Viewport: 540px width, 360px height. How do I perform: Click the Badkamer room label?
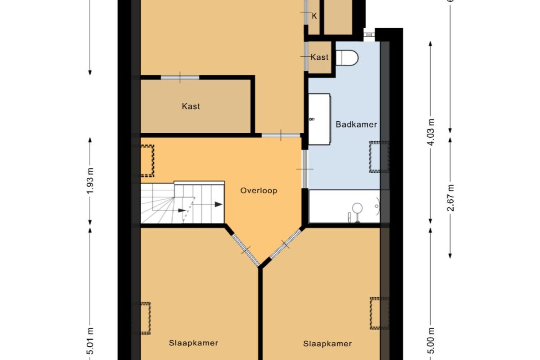pyautogui.click(x=356, y=124)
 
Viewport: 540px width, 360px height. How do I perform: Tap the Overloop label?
pyautogui.click(x=259, y=191)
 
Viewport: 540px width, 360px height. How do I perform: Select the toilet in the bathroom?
pyautogui.click(x=347, y=57)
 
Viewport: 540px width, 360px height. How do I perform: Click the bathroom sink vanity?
pyautogui.click(x=319, y=119)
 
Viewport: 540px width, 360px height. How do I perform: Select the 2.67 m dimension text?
pyautogui.click(x=450, y=197)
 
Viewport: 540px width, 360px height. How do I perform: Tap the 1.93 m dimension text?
pyautogui.click(x=90, y=181)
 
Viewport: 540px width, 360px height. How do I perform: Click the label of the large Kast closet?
pyautogui.click(x=191, y=106)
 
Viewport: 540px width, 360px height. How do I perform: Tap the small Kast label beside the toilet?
pyautogui.click(x=320, y=57)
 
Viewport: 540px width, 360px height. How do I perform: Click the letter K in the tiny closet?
pyautogui.click(x=315, y=16)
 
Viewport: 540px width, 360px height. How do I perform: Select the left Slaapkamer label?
pyautogui.click(x=193, y=343)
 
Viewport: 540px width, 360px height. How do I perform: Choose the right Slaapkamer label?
pyautogui.click(x=328, y=344)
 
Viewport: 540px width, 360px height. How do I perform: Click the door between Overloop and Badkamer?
pyautogui.click(x=305, y=169)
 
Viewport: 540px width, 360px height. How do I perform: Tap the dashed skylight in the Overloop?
pyautogui.click(x=147, y=160)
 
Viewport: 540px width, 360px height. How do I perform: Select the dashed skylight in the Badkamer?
pyautogui.click(x=379, y=156)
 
